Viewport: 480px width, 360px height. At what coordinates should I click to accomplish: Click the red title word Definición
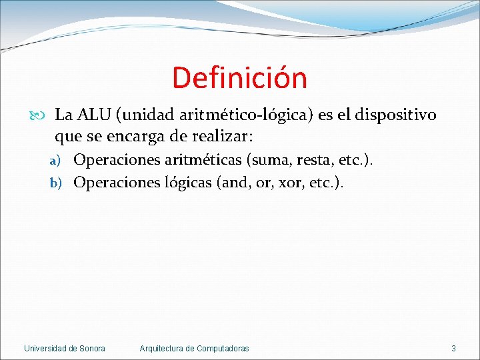239,78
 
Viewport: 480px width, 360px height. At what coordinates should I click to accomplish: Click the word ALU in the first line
94,115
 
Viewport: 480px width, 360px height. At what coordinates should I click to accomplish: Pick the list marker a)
58,161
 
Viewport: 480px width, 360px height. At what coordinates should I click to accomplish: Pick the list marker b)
58,183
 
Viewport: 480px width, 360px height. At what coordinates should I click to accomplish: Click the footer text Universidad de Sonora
64,348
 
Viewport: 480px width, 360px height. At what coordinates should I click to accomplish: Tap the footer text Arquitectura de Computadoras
194,348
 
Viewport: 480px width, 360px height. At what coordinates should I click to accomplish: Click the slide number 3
453,348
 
